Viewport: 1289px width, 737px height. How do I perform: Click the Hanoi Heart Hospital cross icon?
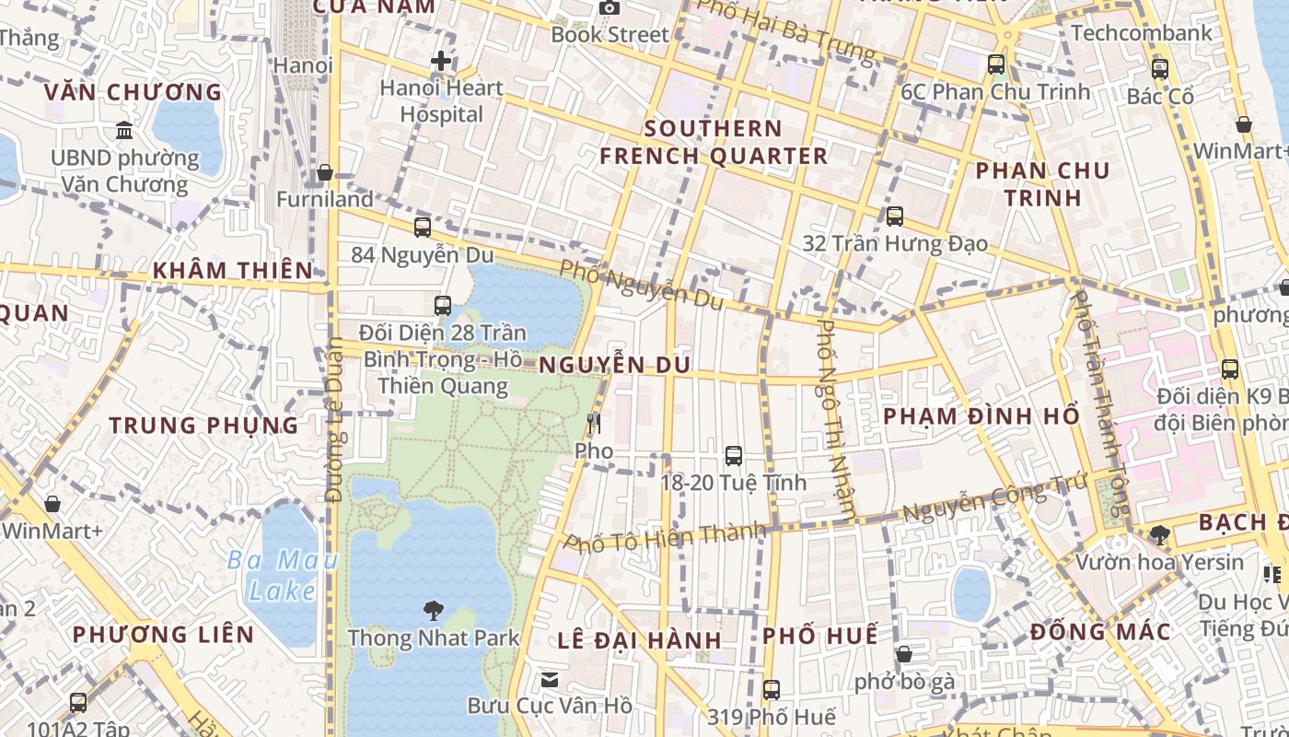[441, 62]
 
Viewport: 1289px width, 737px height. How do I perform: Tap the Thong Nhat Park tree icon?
[433, 610]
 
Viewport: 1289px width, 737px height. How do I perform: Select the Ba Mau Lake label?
[283, 575]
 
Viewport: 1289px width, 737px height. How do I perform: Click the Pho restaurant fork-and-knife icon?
[594, 424]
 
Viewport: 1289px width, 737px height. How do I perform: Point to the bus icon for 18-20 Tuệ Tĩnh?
[733, 455]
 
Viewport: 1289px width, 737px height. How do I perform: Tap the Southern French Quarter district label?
[714, 142]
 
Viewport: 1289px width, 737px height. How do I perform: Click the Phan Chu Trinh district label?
[1042, 184]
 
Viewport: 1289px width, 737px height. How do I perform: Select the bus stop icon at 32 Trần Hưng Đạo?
[894, 216]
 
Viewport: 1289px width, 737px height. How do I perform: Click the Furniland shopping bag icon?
[324, 172]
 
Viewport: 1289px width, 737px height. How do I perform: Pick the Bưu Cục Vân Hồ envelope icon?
[550, 680]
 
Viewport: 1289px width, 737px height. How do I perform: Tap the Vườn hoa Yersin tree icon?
[1159, 534]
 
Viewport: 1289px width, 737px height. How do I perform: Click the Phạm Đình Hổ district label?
[981, 416]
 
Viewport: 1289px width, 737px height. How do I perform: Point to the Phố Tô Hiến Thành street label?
[665, 537]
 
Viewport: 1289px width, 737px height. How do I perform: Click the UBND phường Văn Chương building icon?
[124, 131]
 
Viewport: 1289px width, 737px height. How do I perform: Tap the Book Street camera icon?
[609, 8]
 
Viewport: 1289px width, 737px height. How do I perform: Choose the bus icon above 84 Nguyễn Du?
[423, 228]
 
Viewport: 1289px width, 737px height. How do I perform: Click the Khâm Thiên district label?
[233, 271]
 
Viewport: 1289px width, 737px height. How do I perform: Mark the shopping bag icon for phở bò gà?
[904, 654]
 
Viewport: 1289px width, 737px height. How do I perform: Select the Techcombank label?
[1141, 33]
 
